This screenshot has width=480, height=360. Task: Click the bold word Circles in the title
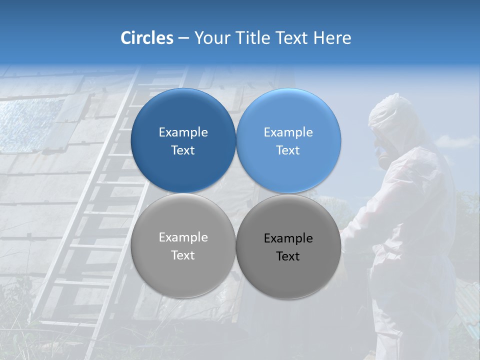pos(147,38)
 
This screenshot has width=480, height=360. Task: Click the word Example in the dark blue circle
pos(183,132)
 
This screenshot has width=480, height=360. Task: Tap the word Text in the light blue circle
pos(288,150)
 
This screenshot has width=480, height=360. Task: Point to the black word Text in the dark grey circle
pos(288,256)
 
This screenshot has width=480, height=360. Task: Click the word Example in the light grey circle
pos(183,237)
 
